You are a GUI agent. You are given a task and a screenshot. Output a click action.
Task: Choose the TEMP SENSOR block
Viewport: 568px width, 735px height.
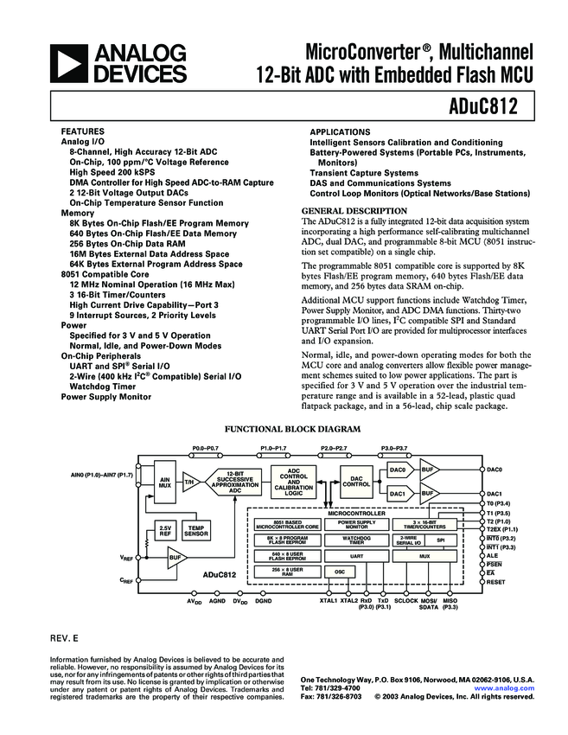pos(196,531)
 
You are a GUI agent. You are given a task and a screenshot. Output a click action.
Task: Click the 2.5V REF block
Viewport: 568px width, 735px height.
pos(164,531)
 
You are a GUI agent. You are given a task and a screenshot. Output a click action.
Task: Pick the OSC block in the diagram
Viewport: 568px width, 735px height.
pos(340,572)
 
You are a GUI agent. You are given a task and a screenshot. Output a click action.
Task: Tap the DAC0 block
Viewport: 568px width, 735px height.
pos(398,470)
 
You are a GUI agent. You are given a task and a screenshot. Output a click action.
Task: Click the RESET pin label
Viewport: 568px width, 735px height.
pos(496,582)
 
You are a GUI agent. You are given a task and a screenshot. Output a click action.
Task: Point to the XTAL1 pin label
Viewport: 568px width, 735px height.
pos(329,600)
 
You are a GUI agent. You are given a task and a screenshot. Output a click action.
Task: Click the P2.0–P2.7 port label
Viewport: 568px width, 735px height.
pos(334,448)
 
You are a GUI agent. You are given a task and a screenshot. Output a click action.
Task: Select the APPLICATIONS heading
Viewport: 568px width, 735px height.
pos(341,131)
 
